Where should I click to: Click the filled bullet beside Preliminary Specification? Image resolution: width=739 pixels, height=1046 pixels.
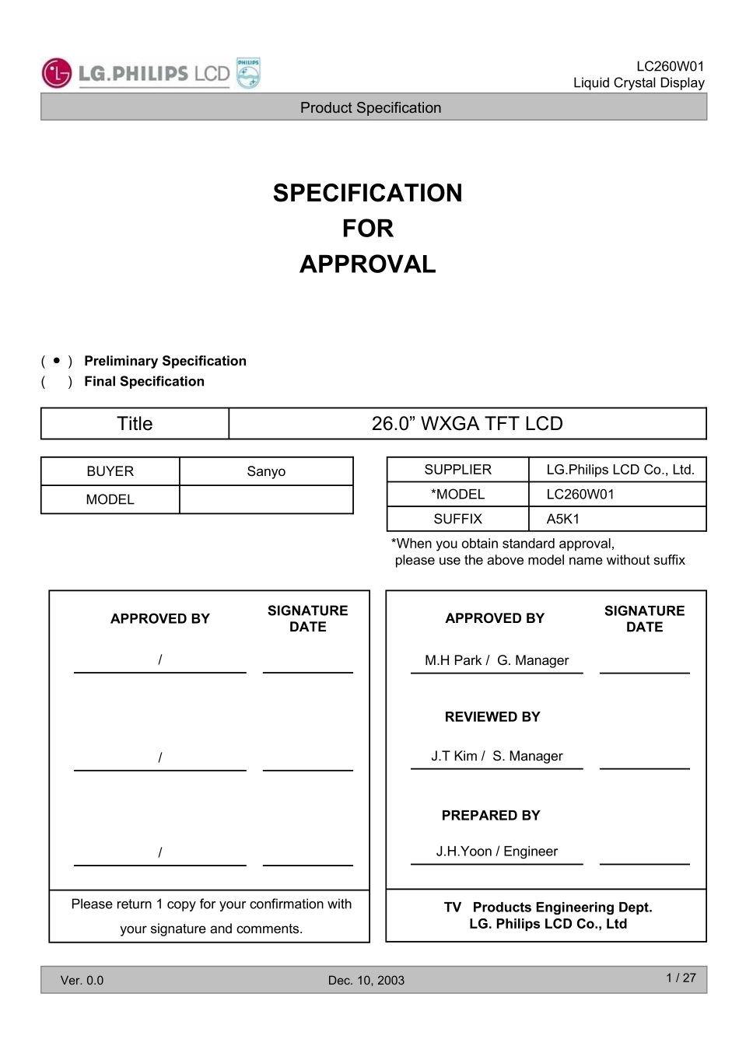pos(57,361)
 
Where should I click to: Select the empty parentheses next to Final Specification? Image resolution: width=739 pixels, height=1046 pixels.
pos(57,382)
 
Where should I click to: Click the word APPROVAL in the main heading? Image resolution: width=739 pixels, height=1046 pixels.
pos(367,264)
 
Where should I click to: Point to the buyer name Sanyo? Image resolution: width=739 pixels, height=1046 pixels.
pos(266,471)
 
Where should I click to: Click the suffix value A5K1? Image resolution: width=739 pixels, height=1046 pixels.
pos(563,519)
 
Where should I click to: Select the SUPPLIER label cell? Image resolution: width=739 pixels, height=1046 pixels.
pos(457,470)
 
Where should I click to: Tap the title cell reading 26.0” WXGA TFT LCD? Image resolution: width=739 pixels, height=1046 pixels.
pos(467,424)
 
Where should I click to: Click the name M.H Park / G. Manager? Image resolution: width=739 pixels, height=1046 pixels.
pos(496,660)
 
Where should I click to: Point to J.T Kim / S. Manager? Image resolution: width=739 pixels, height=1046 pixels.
pos(496,756)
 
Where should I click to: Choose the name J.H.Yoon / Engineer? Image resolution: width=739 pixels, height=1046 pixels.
pos(496,852)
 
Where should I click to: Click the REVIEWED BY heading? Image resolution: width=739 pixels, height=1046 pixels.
pos(492,717)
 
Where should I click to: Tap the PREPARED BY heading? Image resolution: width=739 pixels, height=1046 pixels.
pos(491,816)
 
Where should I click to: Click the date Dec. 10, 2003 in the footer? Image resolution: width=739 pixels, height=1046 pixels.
pos(366,981)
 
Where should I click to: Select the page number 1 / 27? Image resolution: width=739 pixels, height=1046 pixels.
pos(681,978)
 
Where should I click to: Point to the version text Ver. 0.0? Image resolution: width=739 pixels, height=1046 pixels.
pos(82,981)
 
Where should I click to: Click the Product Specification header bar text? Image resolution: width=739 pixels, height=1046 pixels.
pos(370,108)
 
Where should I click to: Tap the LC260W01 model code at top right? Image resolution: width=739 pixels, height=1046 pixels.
pos(670,67)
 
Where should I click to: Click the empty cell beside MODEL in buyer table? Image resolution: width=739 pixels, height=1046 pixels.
pos(266,499)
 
